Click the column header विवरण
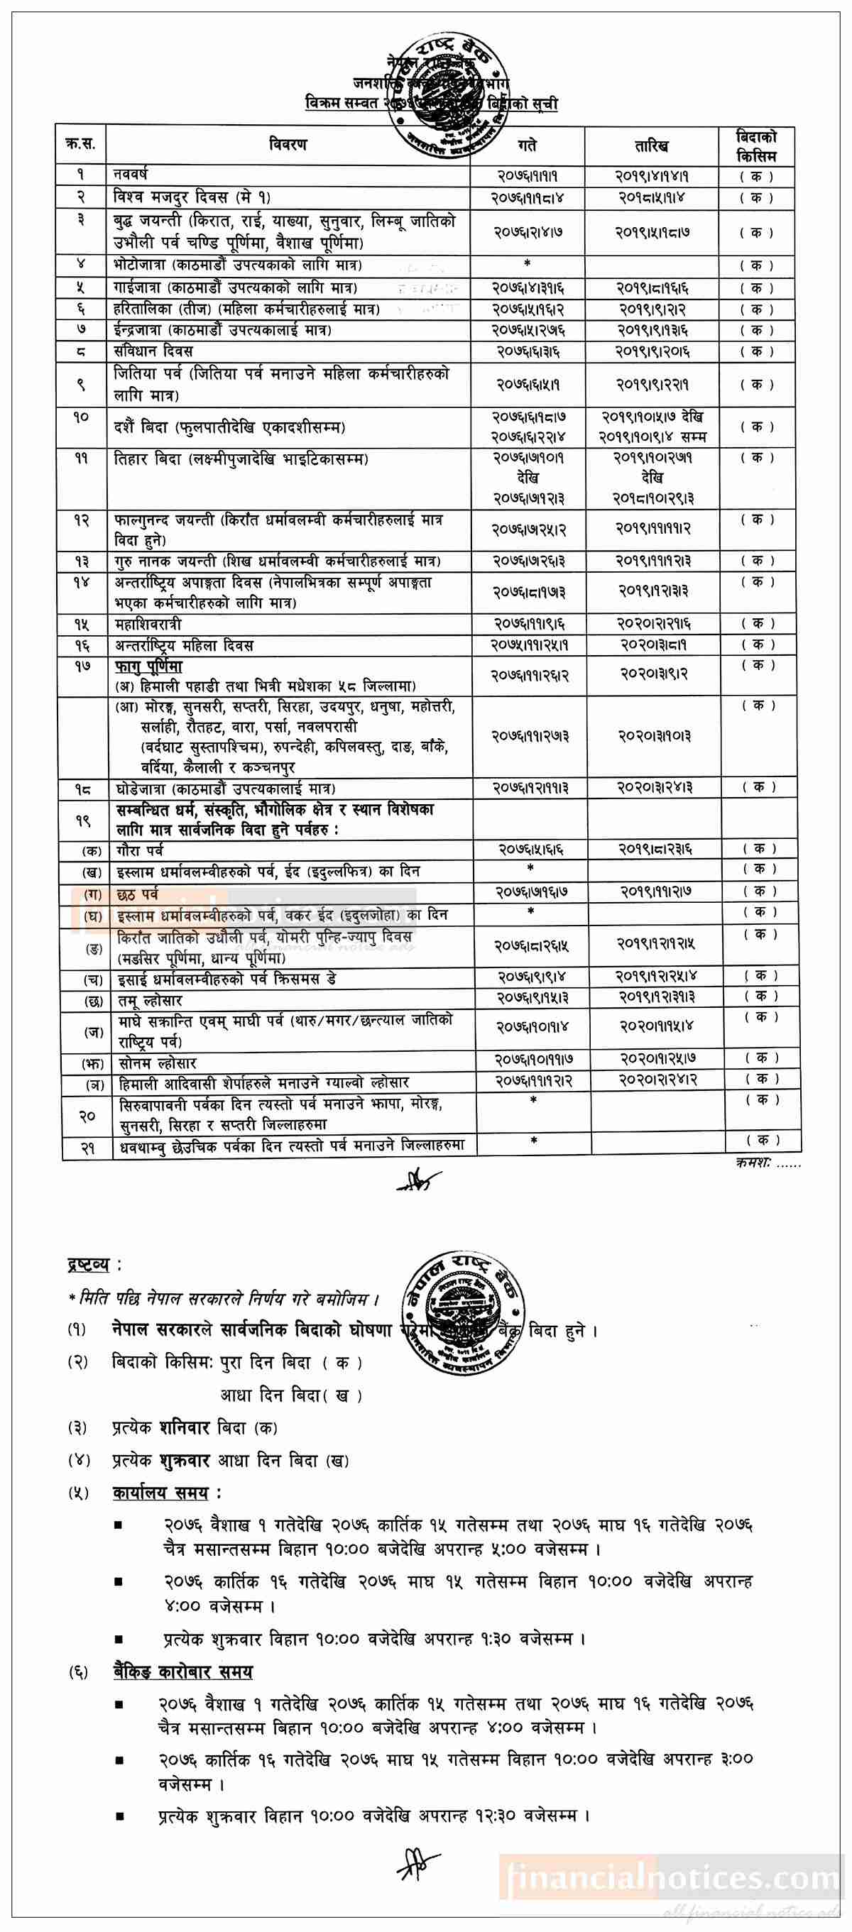pos(288,145)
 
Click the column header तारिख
pos(651,145)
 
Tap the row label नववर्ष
pos(131,175)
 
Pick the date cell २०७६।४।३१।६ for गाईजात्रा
pos(528,288)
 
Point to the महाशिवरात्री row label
pos(148,624)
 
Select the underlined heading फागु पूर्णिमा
pos(148,666)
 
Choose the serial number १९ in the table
pos(83,820)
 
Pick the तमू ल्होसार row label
pos(149,1001)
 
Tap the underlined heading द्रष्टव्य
pos(88,1266)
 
